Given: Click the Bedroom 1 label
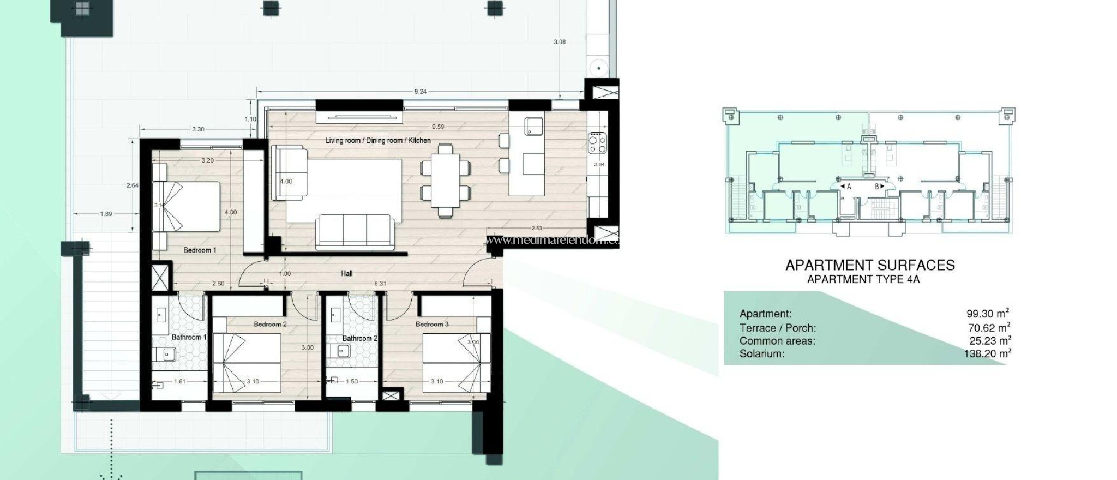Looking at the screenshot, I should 200,250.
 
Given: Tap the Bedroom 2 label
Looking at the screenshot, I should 270,324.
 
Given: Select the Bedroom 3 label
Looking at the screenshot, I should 432,324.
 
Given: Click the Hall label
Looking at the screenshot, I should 346,274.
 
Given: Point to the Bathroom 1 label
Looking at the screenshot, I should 189,338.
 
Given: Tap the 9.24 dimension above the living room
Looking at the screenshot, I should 420,92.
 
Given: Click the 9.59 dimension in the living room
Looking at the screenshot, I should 437,127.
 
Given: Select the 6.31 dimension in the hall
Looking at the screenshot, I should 381,284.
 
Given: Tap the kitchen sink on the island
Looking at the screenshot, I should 533,127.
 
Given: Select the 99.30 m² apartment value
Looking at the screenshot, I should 987,314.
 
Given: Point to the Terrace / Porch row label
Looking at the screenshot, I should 778,328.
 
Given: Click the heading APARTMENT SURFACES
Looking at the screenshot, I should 870,265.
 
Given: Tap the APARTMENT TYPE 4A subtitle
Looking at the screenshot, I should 863,280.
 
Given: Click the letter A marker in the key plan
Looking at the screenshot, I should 849,187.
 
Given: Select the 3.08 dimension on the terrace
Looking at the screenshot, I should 559,42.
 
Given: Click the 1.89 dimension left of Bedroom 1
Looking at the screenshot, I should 106,214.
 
